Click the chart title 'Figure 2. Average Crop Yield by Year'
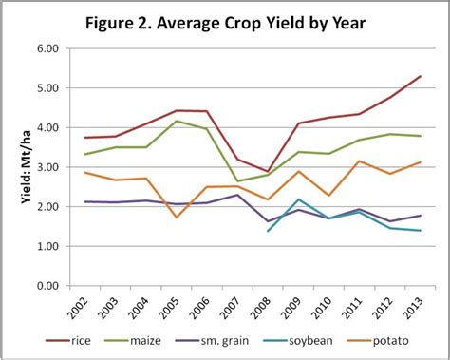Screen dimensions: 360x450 tap(225, 21)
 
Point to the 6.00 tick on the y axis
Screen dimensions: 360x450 tap(45, 48)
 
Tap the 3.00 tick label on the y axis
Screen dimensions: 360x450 tap(45, 167)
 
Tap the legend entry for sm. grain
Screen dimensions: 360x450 tap(240, 344)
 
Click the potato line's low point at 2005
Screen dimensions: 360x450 tap(177, 218)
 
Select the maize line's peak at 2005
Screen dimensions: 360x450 tap(177, 121)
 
